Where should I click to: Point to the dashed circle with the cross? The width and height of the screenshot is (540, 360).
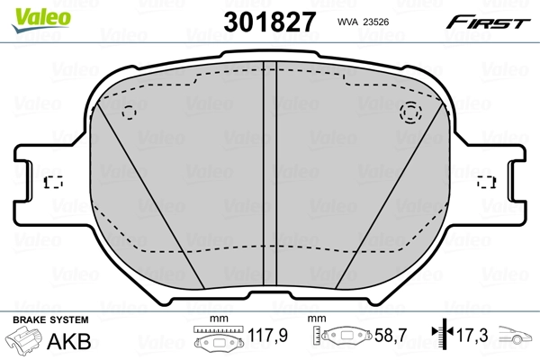(x=410, y=112)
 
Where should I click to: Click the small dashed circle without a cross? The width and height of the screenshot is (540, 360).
(x=129, y=113)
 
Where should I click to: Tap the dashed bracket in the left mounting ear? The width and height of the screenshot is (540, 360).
(x=52, y=181)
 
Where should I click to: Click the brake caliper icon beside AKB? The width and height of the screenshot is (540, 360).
(x=25, y=341)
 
